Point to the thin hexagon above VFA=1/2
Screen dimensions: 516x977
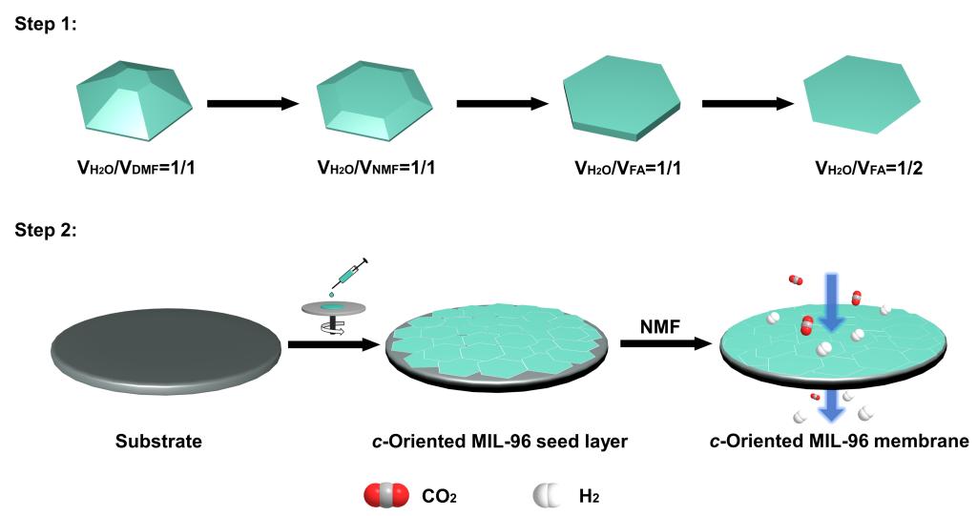(x=861, y=99)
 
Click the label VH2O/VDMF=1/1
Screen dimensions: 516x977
(x=139, y=169)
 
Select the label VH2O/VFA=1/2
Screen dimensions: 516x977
(x=862, y=169)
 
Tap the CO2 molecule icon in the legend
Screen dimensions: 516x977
(x=382, y=495)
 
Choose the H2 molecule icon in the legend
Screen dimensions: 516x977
(x=546, y=495)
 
